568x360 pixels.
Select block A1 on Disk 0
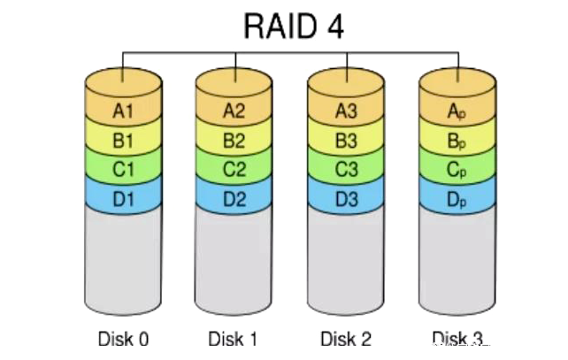124,111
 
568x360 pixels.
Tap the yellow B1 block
124,140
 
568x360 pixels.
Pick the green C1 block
124,169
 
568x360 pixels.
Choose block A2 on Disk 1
234,111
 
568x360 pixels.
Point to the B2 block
234,140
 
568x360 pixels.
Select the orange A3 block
347,111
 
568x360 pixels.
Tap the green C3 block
347,169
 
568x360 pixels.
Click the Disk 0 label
123,339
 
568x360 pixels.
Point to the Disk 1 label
234,339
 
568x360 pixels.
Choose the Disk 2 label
347,339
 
